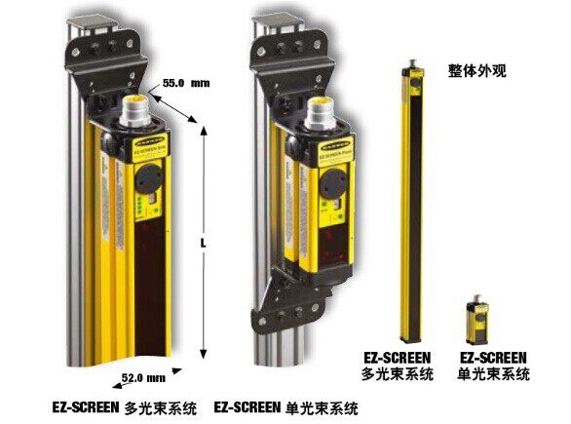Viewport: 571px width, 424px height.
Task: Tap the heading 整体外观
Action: click(x=475, y=71)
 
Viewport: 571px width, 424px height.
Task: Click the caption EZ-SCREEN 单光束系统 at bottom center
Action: click(x=285, y=405)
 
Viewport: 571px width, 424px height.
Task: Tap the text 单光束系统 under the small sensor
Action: click(x=493, y=374)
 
